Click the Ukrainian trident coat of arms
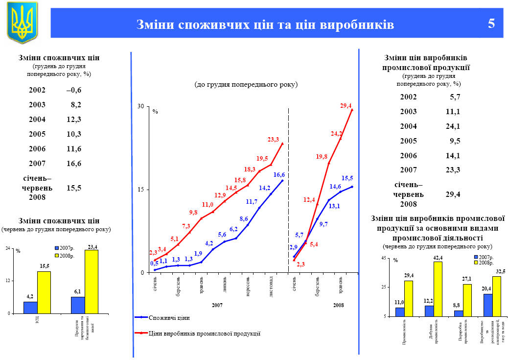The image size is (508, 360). pyautogui.click(x=22, y=23)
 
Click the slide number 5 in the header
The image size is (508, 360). pyautogui.click(x=491, y=24)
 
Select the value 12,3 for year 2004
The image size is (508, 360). pyautogui.click(x=74, y=120)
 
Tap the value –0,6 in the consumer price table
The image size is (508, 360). pyautogui.click(x=74, y=90)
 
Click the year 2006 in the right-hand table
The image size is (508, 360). pyautogui.click(x=408, y=156)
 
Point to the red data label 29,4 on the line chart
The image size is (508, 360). pyautogui.click(x=346, y=106)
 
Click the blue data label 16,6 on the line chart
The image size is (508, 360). pyautogui.click(x=279, y=175)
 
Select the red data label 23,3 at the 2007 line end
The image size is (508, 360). pyautogui.click(x=273, y=140)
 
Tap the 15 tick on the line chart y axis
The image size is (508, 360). pyautogui.click(x=141, y=190)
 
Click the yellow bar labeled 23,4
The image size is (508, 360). pyautogui.click(x=92, y=282)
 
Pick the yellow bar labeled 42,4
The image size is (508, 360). pyautogui.click(x=438, y=289)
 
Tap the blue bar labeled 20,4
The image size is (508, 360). pyautogui.click(x=487, y=305)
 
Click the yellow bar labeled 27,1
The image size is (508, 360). pyautogui.click(x=467, y=300)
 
